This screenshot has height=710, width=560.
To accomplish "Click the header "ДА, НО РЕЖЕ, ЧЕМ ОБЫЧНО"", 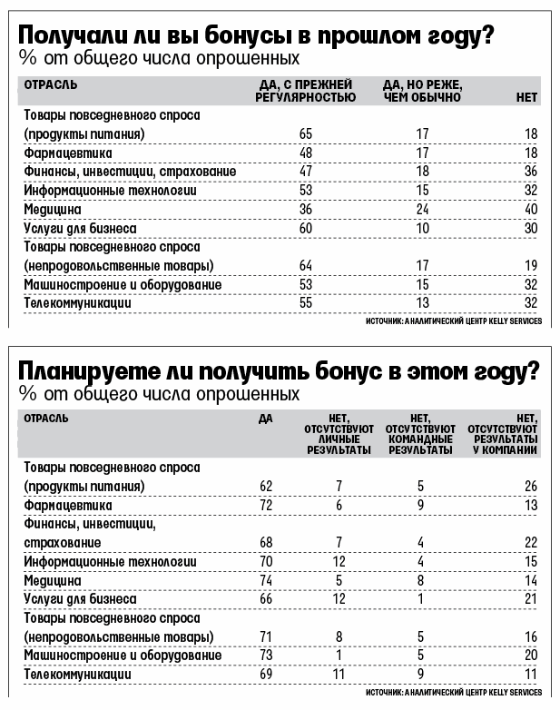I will [423, 91].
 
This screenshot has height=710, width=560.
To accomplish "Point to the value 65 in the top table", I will [306, 134].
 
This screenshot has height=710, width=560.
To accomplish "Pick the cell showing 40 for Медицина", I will [530, 208].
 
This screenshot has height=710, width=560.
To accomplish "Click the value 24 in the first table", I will [422, 208].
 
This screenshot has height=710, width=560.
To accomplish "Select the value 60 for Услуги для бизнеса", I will [306, 228].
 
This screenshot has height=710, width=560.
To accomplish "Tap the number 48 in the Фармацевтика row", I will [306, 153].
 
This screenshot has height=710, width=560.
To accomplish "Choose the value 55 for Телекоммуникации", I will [306, 302].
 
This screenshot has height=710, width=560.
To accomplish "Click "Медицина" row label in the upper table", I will [53, 208].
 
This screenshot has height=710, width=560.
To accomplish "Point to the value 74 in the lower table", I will [266, 580].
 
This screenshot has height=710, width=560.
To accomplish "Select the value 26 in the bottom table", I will [530, 486].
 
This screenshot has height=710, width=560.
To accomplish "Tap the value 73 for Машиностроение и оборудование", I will [266, 656].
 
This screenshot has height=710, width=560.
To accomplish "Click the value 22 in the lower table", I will [530, 543].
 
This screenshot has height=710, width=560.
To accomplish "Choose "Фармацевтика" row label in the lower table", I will [67, 505].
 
